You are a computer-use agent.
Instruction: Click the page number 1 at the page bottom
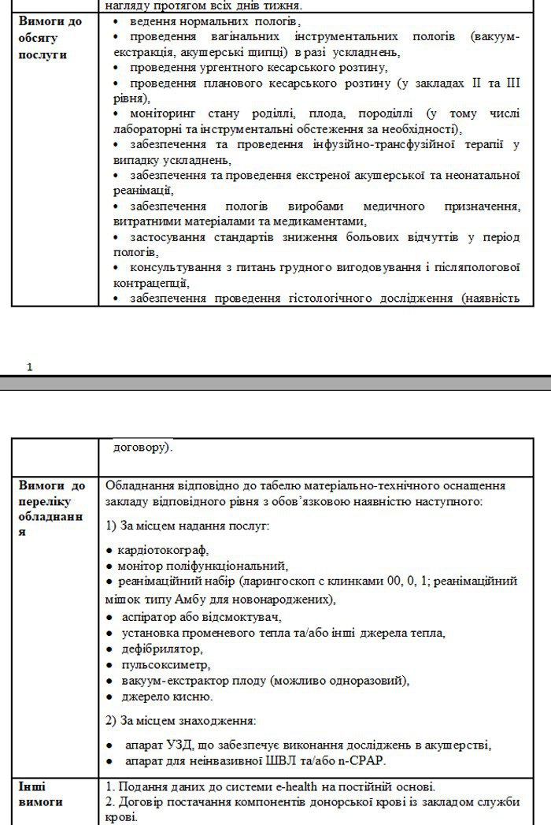pos(30,366)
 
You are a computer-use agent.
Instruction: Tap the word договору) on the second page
pos(142,448)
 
